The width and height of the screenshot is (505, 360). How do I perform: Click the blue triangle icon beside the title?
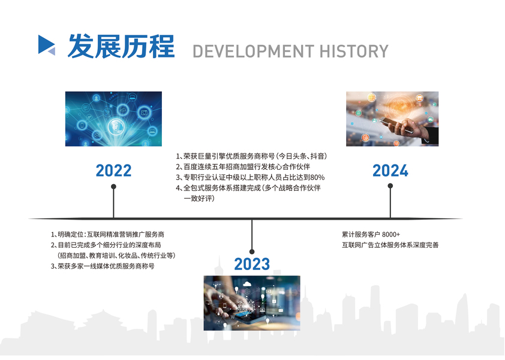pyautogui.click(x=46, y=44)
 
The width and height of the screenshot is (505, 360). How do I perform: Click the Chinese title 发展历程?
pyautogui.click(x=121, y=46)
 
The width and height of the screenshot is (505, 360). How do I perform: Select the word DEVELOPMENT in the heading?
pyautogui.click(x=253, y=51)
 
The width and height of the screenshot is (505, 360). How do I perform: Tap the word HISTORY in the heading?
pyautogui.click(x=354, y=51)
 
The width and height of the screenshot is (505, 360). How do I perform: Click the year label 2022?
pyautogui.click(x=114, y=170)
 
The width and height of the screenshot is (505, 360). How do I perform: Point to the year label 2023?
pyautogui.click(x=252, y=264)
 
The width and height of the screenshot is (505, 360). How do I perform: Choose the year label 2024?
pyautogui.click(x=390, y=170)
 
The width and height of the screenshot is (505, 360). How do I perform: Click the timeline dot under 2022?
pyautogui.click(x=113, y=187)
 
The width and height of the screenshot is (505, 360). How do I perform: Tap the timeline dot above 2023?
pyautogui.click(x=252, y=252)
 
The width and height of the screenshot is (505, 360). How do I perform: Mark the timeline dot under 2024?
pyautogui.click(x=390, y=185)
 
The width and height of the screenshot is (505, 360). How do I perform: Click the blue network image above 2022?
pyautogui.click(x=113, y=119)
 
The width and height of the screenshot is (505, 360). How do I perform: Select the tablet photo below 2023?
pyautogui.click(x=252, y=303)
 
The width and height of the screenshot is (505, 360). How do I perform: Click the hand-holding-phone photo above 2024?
pyautogui.click(x=392, y=119)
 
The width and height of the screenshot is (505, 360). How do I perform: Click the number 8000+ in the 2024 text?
pyautogui.click(x=390, y=235)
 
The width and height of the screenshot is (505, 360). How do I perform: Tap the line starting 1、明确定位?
pyautogui.click(x=107, y=235)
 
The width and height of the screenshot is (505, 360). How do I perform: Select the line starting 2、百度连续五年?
pyautogui.click(x=243, y=167)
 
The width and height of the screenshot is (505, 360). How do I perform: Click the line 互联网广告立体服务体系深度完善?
pyautogui.click(x=390, y=245)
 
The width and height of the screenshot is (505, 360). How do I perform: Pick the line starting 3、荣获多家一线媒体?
pyautogui.click(x=103, y=266)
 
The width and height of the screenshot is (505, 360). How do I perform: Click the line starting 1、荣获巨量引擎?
pyautogui.click(x=251, y=156)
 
